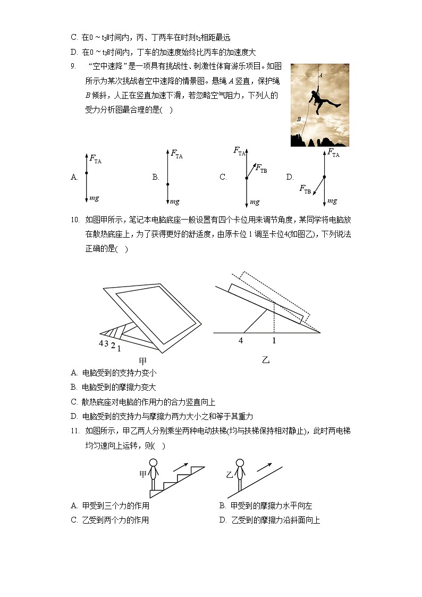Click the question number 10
pos(74,219)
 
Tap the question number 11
pos(74,431)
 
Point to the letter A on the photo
pos(320,75)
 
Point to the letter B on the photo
pos(299,120)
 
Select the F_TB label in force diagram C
pos(261,169)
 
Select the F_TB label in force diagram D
pos(305,189)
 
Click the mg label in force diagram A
pos(94,198)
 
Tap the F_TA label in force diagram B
pos(176,155)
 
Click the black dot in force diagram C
pos(246,178)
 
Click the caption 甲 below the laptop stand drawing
pos(142,361)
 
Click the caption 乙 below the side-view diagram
pos(266,360)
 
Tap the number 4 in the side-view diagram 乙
pos(241,341)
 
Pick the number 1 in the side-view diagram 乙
pos(274,341)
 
